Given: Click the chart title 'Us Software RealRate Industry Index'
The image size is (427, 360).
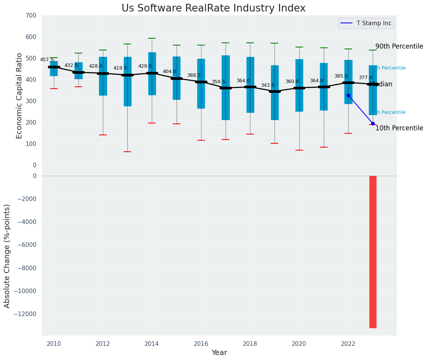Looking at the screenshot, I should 213,8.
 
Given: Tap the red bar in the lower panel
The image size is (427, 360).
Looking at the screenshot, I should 373,251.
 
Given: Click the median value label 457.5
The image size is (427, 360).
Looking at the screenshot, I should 47,60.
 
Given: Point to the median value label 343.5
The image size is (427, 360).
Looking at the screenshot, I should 268,85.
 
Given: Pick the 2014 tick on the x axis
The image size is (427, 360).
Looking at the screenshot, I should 152,344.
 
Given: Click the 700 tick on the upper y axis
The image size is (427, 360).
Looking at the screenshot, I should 32,16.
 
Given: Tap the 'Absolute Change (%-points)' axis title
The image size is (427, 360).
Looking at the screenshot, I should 7,256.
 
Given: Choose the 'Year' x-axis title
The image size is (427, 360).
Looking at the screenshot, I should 219,353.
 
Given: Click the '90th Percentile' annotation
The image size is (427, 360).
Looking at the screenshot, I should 399,46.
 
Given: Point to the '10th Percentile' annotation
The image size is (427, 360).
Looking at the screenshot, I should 399,128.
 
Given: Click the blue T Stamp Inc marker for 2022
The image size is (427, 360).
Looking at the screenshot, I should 348,95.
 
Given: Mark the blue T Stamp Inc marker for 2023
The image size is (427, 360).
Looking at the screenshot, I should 373,123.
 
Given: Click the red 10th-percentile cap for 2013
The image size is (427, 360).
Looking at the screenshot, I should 127,152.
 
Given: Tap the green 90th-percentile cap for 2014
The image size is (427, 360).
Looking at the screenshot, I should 152,38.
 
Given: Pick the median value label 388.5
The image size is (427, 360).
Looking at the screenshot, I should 194,75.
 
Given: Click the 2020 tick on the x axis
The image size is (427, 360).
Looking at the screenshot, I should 299,344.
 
